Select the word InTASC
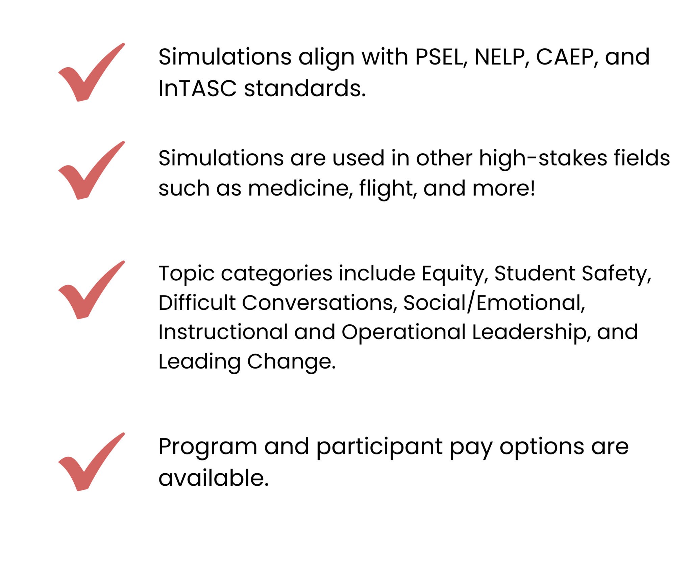click(197, 89)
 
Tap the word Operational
click(403, 333)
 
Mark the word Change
click(291, 362)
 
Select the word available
click(214, 478)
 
